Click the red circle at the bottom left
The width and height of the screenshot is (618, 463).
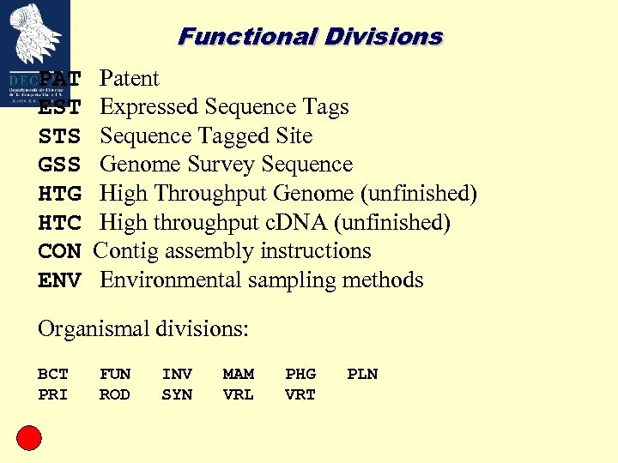click(29, 438)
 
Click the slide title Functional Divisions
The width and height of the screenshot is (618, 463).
click(310, 37)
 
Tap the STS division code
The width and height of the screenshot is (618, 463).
click(59, 136)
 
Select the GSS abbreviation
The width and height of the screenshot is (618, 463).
click(59, 165)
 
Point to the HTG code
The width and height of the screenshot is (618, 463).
click(59, 195)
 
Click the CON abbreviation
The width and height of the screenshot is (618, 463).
click(59, 252)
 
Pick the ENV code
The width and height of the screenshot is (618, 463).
click(59, 280)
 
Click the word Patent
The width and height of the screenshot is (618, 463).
click(130, 79)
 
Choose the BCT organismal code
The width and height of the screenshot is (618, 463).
click(52, 374)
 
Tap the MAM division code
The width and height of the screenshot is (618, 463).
click(238, 374)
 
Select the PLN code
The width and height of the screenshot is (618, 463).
click(361, 374)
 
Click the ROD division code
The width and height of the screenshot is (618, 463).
click(114, 394)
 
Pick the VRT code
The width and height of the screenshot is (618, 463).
click(300, 394)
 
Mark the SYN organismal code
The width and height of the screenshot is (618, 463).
click(176, 394)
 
